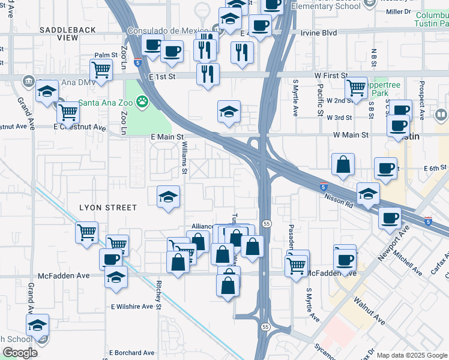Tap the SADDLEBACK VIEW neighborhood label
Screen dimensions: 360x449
coord(59,34)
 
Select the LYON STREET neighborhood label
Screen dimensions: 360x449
coord(108,208)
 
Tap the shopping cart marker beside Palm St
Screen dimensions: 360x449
coord(101,70)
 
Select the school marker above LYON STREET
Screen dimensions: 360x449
coord(168,196)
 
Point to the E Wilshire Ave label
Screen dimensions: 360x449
coord(131,306)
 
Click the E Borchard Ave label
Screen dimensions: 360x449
coord(131,352)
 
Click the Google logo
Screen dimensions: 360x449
coord(20,352)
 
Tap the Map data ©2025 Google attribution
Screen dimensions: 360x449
coord(412,355)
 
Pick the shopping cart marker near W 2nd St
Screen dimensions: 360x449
coord(356,88)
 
